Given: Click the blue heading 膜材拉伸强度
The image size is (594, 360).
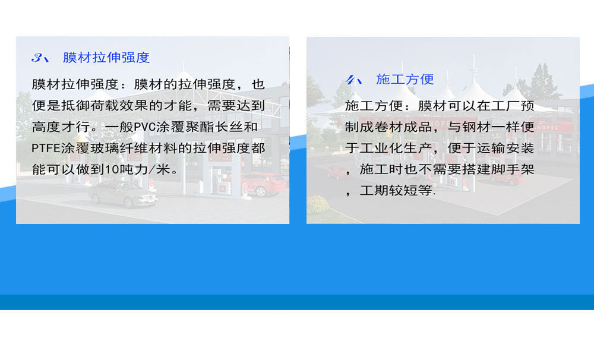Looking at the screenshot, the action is point(106,58).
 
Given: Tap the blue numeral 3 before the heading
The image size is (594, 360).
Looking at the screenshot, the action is point(37,58).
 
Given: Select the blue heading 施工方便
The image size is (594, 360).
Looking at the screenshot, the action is point(405,79).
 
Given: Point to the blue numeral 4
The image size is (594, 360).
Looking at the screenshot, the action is point(350,80).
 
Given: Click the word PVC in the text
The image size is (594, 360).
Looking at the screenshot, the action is point(145,127).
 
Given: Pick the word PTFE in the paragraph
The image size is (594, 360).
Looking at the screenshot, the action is point(46,148).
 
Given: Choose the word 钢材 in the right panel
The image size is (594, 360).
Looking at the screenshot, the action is point(476,127).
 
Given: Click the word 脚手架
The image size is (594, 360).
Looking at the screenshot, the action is point(513,169).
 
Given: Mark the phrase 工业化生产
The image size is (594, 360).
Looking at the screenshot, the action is point(396,148).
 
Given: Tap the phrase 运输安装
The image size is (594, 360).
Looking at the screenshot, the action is point(505,148).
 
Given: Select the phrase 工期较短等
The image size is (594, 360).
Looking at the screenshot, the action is point(396,190).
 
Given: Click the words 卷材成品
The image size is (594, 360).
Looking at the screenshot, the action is point(403,127).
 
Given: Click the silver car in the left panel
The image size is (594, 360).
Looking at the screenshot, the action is point(123,195).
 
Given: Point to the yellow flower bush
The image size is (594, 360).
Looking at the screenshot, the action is point(317,204).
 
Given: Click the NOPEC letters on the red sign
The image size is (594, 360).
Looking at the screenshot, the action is point(548,128).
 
